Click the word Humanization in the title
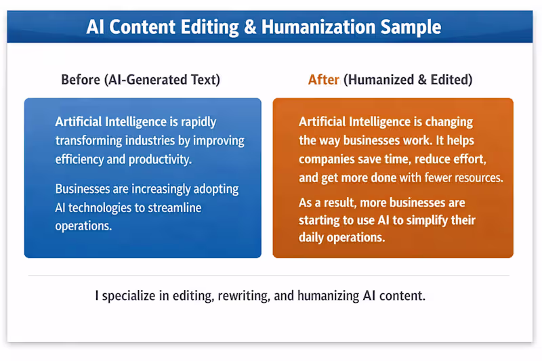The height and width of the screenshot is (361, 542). (318, 27)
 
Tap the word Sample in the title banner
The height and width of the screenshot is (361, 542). (411, 28)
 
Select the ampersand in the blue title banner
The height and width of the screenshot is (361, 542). (250, 27)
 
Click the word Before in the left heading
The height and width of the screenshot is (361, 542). (81, 80)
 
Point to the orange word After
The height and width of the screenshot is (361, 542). (324, 80)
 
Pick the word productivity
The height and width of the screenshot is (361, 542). (160, 160)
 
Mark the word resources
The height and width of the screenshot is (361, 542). (478, 177)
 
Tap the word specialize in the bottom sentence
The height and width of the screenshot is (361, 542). (129, 296)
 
